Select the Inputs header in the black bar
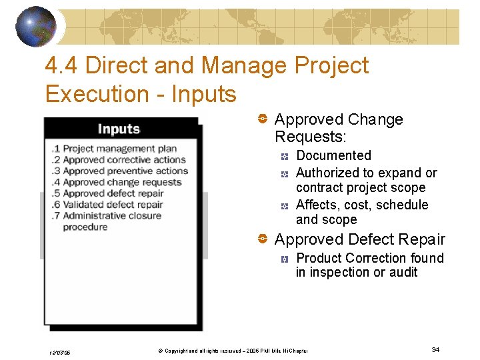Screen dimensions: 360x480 pyautogui.click(x=119, y=129)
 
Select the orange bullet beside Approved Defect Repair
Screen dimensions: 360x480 pyautogui.click(x=263, y=239)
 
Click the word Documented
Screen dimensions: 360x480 pyautogui.click(x=333, y=155)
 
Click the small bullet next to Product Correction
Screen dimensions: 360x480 pyautogui.click(x=284, y=258)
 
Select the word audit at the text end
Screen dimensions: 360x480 pyautogui.click(x=403, y=272)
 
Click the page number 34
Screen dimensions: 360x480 pyautogui.click(x=435, y=349)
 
